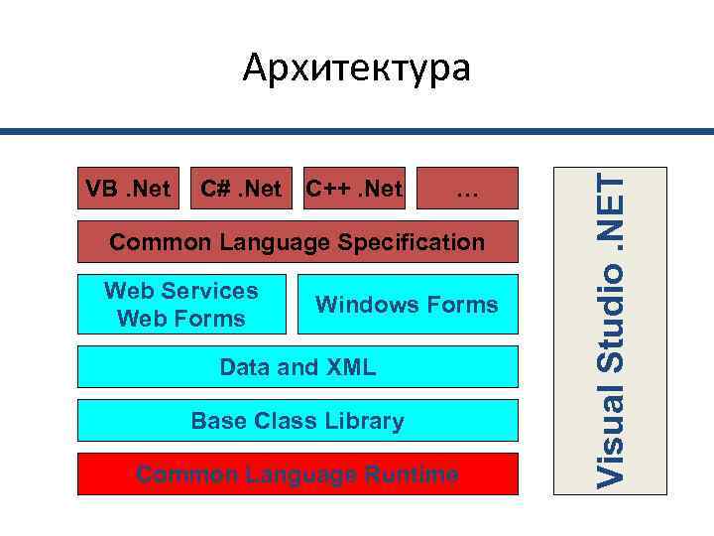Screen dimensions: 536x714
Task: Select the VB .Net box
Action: click(128, 188)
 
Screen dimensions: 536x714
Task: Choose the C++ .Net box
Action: click(354, 188)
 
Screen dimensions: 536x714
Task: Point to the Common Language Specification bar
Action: click(297, 243)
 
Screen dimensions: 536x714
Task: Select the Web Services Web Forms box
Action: click(180, 304)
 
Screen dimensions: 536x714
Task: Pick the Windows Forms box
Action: click(407, 304)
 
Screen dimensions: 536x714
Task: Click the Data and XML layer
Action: click(297, 367)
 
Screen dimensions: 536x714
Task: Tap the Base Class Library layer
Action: click(297, 421)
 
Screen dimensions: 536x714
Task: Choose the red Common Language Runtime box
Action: click(297, 474)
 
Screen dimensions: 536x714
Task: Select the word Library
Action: click(367, 421)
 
